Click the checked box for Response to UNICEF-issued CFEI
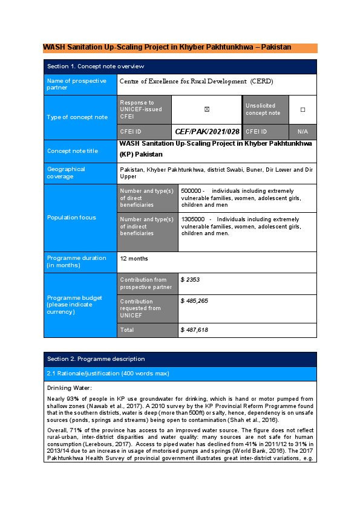point(207,109)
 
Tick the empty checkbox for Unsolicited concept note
point(303,109)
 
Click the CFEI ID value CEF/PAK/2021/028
point(207,131)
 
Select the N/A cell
point(303,131)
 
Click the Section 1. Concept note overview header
point(96,66)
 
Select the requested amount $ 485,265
point(194,300)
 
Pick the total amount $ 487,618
point(194,330)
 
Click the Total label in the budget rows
point(127,330)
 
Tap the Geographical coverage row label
point(67,173)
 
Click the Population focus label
point(71,217)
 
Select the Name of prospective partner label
point(76,84)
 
